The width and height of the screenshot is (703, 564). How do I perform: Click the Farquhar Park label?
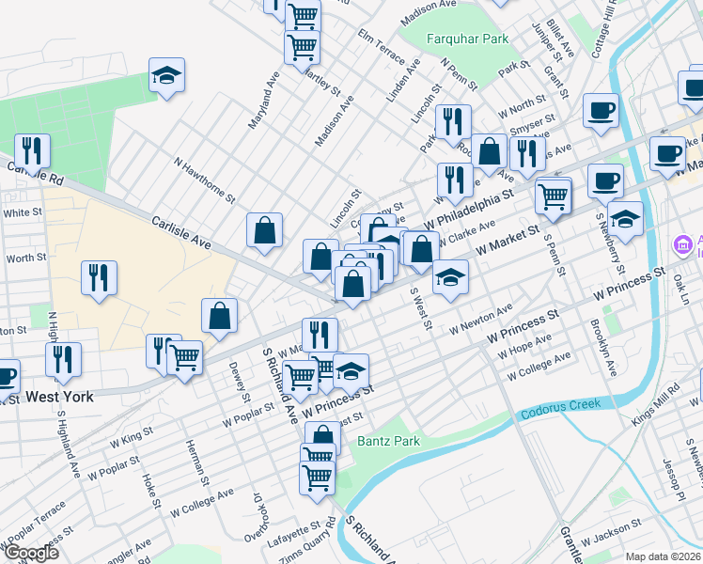click(454, 39)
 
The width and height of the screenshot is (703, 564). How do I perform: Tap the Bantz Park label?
click(387, 440)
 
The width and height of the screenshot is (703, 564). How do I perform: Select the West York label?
click(59, 398)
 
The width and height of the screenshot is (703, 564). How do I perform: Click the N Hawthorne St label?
click(204, 178)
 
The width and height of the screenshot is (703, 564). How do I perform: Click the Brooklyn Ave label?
click(602, 349)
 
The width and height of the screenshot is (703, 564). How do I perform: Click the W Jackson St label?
click(614, 540)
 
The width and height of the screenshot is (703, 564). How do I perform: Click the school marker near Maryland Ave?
click(166, 75)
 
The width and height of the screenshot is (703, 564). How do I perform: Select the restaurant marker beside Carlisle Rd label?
click(33, 150)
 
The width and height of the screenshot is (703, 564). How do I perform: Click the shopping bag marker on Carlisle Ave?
click(265, 230)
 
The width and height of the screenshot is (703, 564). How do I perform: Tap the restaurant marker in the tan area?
click(99, 278)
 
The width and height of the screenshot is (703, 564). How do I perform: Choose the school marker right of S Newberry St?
click(625, 219)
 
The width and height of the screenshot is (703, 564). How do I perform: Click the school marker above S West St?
click(450, 277)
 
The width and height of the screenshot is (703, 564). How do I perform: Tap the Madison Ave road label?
click(334, 120)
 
